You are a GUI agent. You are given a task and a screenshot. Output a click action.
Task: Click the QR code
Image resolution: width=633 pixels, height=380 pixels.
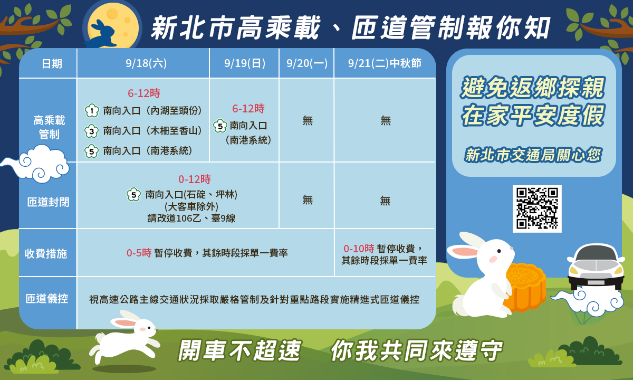[x=537, y=208]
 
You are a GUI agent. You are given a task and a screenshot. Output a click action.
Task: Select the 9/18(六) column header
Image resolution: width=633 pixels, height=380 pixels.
[x=146, y=63]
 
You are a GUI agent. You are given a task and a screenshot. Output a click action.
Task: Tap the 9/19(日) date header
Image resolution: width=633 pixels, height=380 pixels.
[x=245, y=63]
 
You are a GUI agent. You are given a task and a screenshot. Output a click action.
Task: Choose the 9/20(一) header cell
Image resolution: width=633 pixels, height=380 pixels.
[x=307, y=63]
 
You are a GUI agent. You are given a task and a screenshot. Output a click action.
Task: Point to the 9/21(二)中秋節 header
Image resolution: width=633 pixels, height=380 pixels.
[x=385, y=63]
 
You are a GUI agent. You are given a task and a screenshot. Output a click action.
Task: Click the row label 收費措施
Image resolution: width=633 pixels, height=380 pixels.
[x=46, y=253]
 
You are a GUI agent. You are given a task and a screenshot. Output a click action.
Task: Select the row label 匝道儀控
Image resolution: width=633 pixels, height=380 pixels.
[x=47, y=299]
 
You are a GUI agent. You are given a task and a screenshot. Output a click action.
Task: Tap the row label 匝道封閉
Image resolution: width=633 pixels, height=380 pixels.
[x=48, y=202]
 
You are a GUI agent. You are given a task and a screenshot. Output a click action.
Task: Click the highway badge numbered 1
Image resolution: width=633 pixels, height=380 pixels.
[x=92, y=111]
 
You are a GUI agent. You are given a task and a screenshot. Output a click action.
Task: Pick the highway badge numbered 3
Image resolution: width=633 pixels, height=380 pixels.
[x=92, y=131]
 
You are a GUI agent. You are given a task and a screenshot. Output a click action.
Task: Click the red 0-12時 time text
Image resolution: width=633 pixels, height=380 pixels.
[x=194, y=179]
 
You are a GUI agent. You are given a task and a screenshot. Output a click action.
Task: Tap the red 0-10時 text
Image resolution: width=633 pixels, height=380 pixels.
[x=359, y=249]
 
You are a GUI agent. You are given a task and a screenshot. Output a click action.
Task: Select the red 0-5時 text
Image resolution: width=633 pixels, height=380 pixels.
[x=139, y=253]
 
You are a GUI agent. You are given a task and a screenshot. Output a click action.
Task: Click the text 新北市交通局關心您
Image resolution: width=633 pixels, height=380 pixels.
[x=533, y=155]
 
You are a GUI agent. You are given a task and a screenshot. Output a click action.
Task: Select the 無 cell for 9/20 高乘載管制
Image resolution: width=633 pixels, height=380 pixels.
[x=308, y=120]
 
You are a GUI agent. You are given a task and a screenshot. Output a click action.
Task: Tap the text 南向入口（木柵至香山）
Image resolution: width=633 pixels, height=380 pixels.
[x=153, y=131]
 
